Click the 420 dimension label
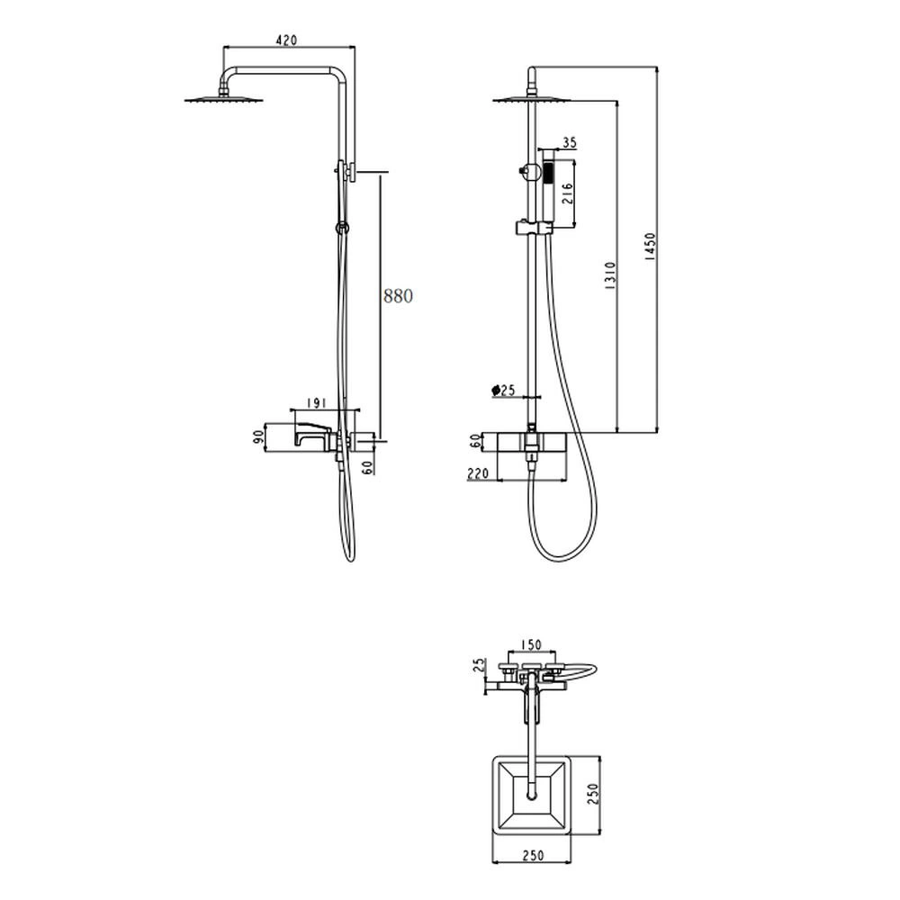pos(286,40)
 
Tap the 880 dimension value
pos(398,295)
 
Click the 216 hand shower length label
pos(566,194)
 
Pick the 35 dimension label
pos(569,142)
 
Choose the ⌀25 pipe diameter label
pos(503,391)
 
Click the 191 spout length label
pos(316,403)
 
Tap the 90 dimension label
pos(258,438)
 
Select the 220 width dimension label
pos(478,473)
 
